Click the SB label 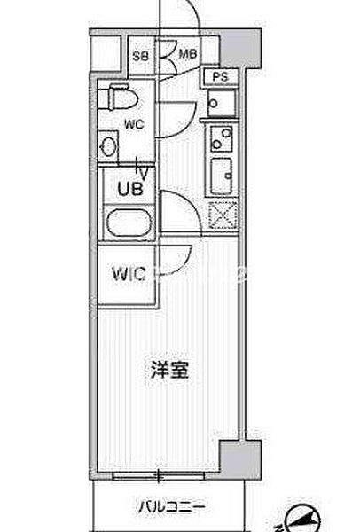[140, 56]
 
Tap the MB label [188, 54]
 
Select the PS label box [220, 76]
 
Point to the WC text [134, 124]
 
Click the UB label [130, 188]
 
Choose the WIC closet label [129, 274]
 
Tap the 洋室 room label [169, 370]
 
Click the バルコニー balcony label [172, 507]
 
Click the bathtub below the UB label [129, 222]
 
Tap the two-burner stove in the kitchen [222, 138]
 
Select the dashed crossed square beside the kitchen [223, 215]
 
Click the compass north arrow [302, 520]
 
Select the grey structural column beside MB [240, 48]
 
